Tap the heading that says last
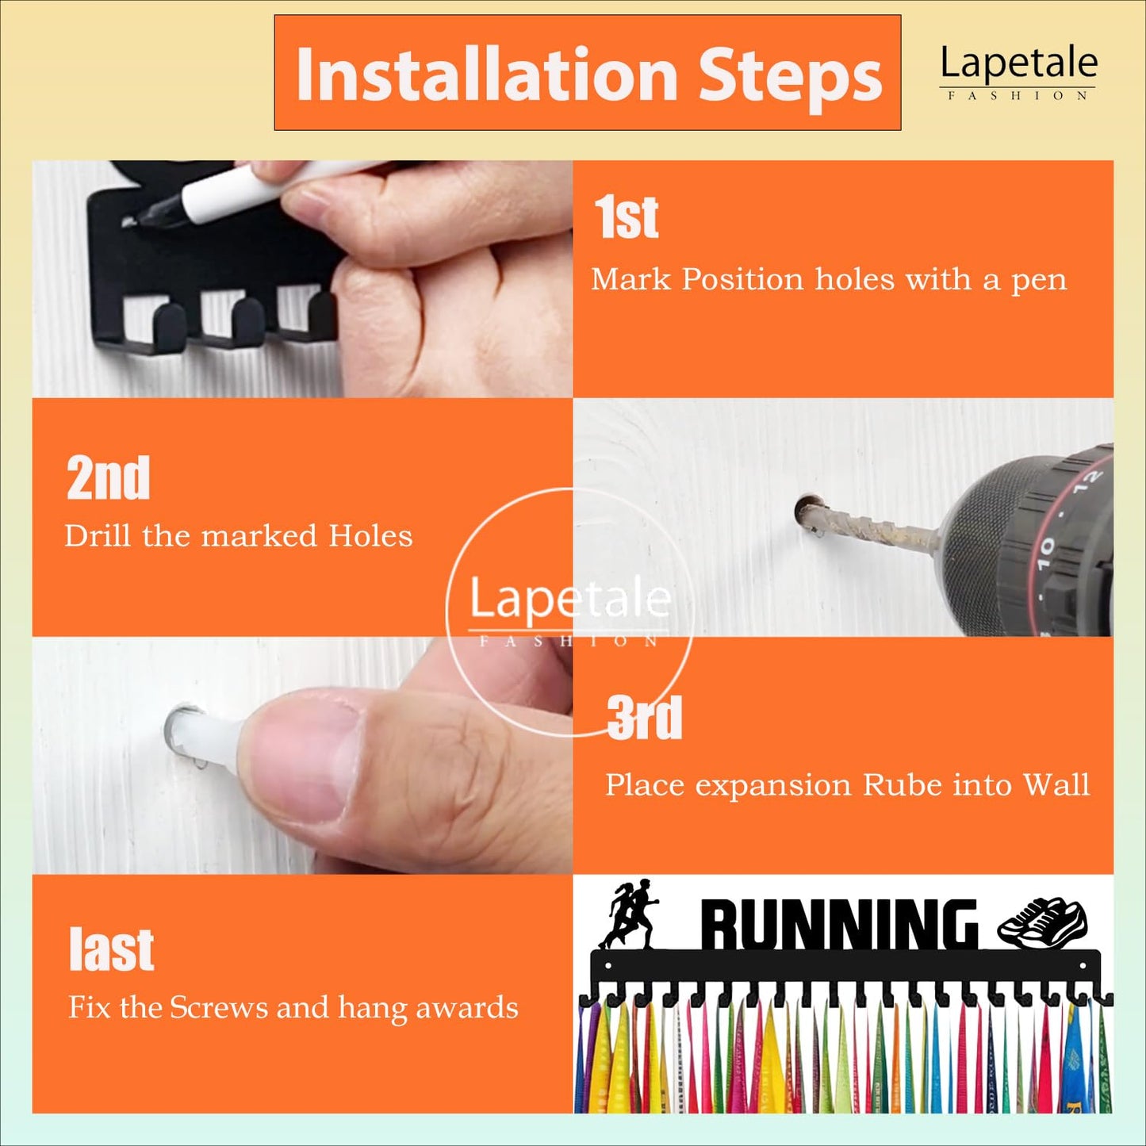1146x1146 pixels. [x=111, y=950]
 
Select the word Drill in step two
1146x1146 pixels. [x=98, y=535]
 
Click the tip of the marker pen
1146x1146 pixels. [x=129, y=222]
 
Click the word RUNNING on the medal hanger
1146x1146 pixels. [x=839, y=924]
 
